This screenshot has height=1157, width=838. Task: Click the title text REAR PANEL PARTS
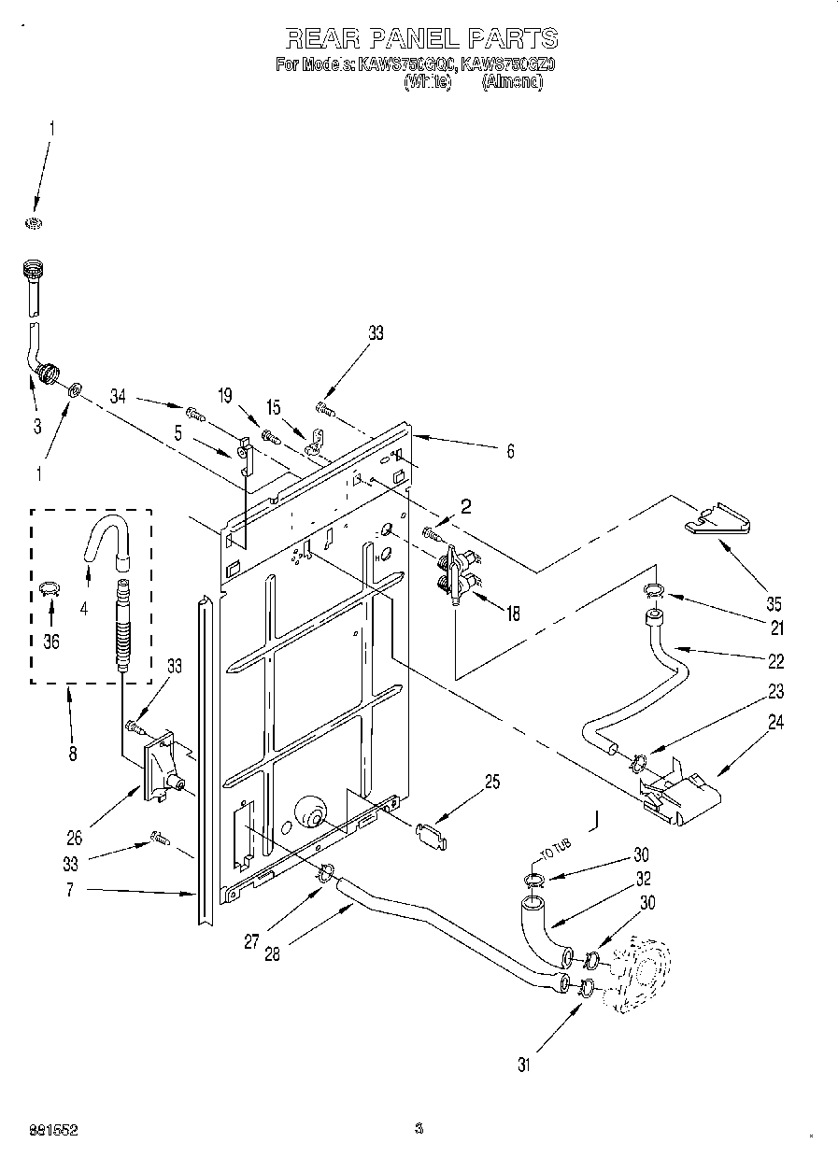(x=420, y=38)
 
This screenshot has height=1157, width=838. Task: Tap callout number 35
(x=774, y=603)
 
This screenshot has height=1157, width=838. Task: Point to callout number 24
(x=775, y=722)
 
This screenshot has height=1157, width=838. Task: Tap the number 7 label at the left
(x=70, y=892)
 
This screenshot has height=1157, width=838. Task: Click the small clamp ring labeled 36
(x=50, y=588)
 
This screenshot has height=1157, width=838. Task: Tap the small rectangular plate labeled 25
(x=431, y=834)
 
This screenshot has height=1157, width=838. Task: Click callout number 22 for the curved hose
(x=775, y=660)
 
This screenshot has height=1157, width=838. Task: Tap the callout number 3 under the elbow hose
(x=36, y=428)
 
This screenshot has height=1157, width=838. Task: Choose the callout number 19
(x=225, y=395)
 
